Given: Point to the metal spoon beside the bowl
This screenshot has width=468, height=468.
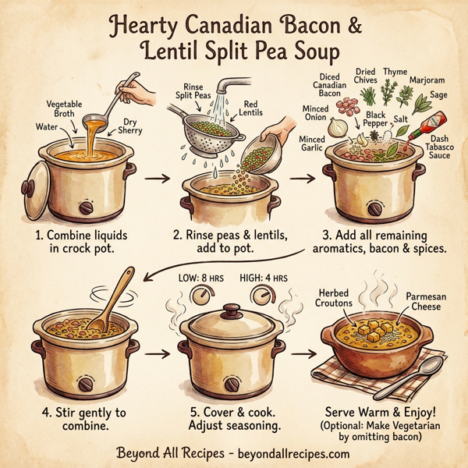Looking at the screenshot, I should [426, 375].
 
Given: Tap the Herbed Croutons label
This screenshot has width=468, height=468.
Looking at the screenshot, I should [335, 299].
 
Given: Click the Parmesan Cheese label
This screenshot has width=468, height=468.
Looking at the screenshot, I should [426, 303].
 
